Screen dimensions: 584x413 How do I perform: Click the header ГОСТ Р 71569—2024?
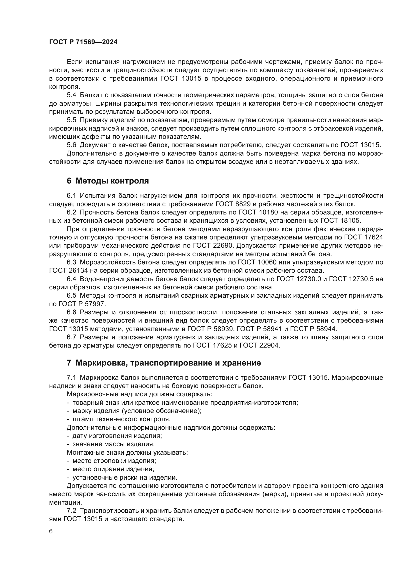[83, 42]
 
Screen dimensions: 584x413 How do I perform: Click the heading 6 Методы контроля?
[108, 181]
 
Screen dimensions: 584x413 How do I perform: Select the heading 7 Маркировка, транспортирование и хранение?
[164, 363]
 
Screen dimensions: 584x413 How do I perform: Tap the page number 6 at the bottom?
[51, 531]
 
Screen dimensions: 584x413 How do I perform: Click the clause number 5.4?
[71, 95]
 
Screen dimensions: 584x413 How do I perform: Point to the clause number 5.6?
[71, 145]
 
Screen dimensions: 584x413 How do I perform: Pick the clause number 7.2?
[71, 511]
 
